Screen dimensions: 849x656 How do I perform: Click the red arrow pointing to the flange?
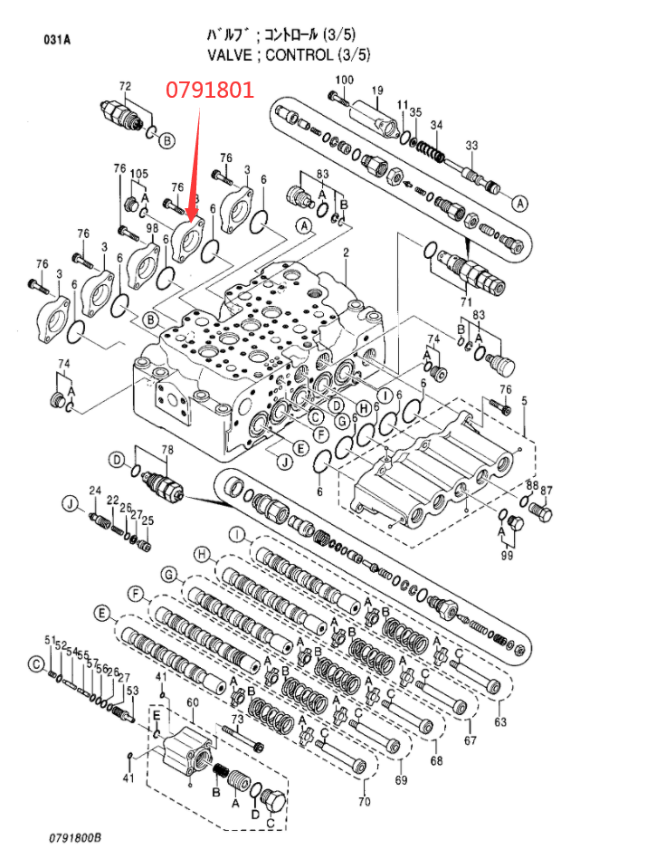coord(196,162)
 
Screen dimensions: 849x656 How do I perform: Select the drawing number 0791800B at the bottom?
coord(75,837)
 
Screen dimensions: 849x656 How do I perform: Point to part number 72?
coord(125,87)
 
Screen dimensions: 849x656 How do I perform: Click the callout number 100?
coord(343,80)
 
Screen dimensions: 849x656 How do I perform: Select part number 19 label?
coord(377,90)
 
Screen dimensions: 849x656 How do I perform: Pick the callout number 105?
coord(139,174)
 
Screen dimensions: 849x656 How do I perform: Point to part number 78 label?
coord(166,450)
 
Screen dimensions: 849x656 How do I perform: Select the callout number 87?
coord(547,490)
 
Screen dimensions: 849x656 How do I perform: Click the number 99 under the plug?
coord(507,555)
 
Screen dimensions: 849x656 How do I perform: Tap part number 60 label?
coord(192,702)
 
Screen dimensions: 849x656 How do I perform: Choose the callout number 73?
coord(237,718)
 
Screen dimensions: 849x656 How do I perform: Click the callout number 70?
coord(365,802)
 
